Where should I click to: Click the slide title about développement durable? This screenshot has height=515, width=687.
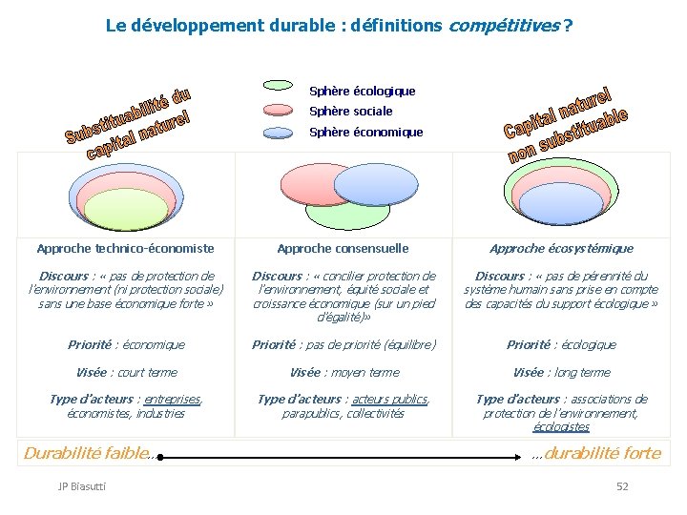tap(339, 26)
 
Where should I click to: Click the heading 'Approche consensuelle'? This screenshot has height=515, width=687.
tap(343, 249)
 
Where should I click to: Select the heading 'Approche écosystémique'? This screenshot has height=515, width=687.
tap(561, 249)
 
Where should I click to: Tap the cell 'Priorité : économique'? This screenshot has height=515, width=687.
tap(126, 345)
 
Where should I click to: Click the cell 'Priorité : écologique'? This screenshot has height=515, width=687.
tap(561, 345)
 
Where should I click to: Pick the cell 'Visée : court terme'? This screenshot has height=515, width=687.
tap(126, 373)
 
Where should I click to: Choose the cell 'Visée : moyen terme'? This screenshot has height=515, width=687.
tap(343, 373)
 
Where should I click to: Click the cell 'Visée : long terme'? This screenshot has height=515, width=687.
tap(561, 373)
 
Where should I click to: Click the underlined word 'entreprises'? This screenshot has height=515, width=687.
tap(173, 400)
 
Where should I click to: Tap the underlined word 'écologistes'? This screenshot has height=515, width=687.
tap(561, 427)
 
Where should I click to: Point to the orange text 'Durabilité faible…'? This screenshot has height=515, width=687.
tap(88, 454)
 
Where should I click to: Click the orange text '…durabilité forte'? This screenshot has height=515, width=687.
tap(596, 454)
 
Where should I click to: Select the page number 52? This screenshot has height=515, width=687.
tap(622, 487)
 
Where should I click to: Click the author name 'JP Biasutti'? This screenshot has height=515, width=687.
tap(82, 487)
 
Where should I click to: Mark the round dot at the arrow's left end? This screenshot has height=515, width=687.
tap(161, 458)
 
